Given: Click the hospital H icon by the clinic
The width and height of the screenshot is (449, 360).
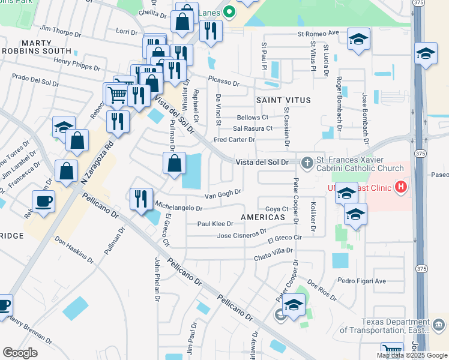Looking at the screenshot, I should click(401, 188).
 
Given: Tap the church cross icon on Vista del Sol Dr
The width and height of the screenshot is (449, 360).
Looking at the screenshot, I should click(307, 163).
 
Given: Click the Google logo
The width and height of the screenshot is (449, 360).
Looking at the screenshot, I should click(20, 353).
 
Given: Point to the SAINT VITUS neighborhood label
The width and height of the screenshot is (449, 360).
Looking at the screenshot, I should click(283, 100).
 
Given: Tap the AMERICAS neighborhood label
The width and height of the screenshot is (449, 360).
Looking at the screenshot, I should click(262, 217).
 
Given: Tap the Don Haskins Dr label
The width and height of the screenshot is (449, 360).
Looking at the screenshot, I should click(74, 249).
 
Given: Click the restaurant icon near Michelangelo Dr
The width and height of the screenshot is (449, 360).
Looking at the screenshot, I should click(141, 198).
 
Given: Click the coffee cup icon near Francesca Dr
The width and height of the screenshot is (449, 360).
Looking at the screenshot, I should click(44, 200).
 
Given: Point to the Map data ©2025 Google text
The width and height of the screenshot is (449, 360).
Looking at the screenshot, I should click(412, 355).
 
